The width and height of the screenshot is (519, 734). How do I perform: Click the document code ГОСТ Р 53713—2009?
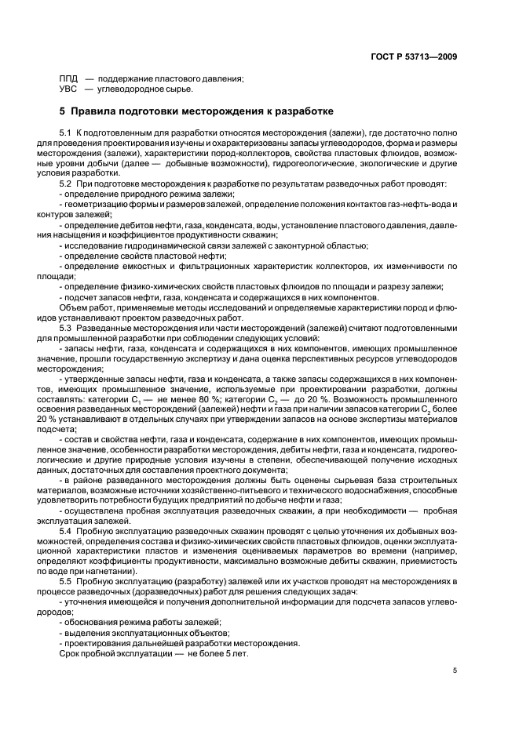click(414, 56)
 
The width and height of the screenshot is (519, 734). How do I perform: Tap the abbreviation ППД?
click(68, 77)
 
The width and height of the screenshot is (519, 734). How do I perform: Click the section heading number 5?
click(63, 111)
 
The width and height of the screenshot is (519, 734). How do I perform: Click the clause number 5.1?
click(66, 134)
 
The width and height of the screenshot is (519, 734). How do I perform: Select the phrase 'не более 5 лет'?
click(186, 652)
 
